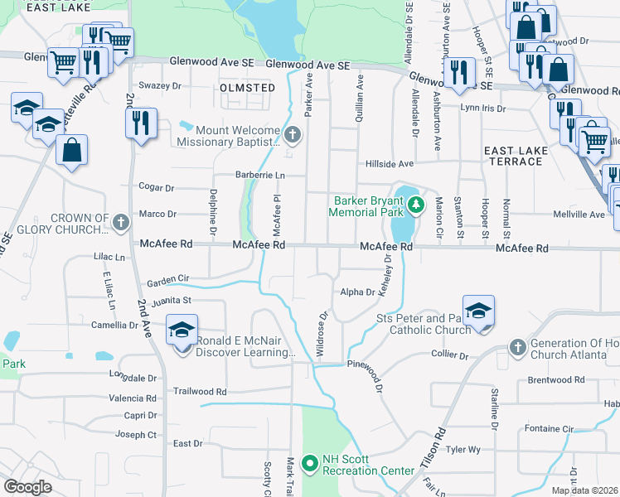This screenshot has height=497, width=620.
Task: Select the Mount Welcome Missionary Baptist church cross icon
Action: [x=292, y=133]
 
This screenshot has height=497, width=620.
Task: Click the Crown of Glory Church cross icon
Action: [x=121, y=222]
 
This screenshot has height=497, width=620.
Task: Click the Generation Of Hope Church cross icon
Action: [x=518, y=346]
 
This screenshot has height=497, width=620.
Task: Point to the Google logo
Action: [x=27, y=486]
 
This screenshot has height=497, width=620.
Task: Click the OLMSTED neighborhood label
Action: [x=248, y=87]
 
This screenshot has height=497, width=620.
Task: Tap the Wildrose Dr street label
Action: [x=322, y=334]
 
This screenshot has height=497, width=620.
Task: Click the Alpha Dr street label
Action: [x=357, y=292]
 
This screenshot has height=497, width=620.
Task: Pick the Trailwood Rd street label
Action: [x=199, y=391]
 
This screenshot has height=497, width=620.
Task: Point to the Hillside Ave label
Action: [x=390, y=164]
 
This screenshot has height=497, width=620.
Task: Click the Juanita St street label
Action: [x=171, y=300]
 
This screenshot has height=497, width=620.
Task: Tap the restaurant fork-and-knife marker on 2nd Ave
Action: [x=140, y=123]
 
